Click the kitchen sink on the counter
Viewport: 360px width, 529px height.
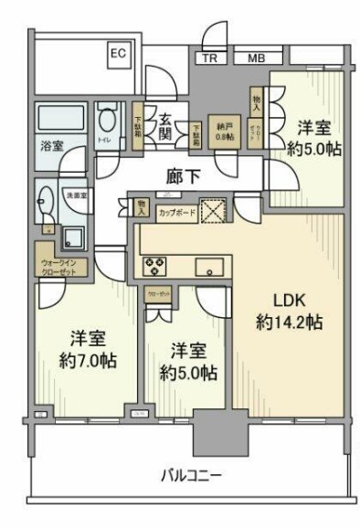(x=209, y=268)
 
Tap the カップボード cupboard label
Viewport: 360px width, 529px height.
(x=176, y=212)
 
